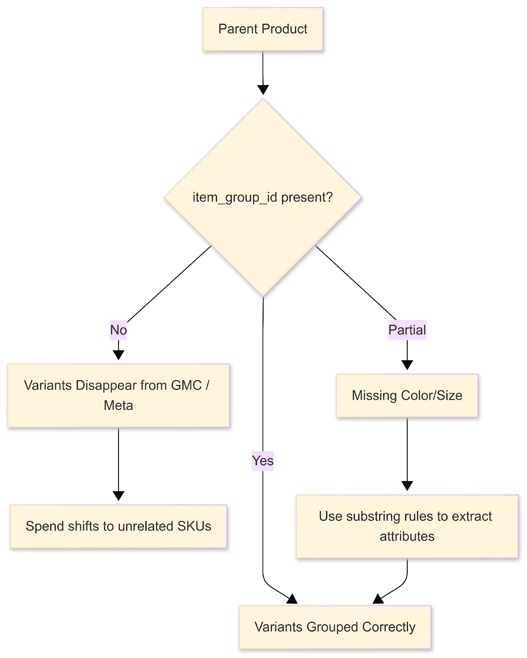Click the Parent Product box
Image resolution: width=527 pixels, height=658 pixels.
coord(263,29)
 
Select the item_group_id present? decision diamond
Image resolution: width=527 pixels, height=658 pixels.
coord(263,197)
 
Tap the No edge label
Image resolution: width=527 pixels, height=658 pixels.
coord(119,330)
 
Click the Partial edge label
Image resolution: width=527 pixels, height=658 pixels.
coord(407,330)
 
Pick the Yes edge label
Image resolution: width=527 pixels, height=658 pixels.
coord(263,461)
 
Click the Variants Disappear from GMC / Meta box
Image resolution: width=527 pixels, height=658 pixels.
coord(119,395)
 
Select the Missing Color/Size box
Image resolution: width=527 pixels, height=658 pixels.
coord(407,396)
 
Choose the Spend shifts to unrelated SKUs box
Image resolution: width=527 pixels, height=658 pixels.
coord(119,526)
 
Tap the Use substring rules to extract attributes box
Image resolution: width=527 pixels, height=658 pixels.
coord(407,526)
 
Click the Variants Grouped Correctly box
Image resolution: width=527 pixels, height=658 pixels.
coord(335,627)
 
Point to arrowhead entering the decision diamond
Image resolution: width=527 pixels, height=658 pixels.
coord(263,90)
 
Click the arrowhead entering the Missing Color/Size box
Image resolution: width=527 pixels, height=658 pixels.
coord(407,365)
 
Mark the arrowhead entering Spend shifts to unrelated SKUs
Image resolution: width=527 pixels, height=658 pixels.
coord(119,496)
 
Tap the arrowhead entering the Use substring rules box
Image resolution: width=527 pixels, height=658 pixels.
coord(407,486)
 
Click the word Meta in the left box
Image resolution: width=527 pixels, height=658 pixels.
coord(119,405)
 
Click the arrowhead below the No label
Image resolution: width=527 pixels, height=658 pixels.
coord(119,355)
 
